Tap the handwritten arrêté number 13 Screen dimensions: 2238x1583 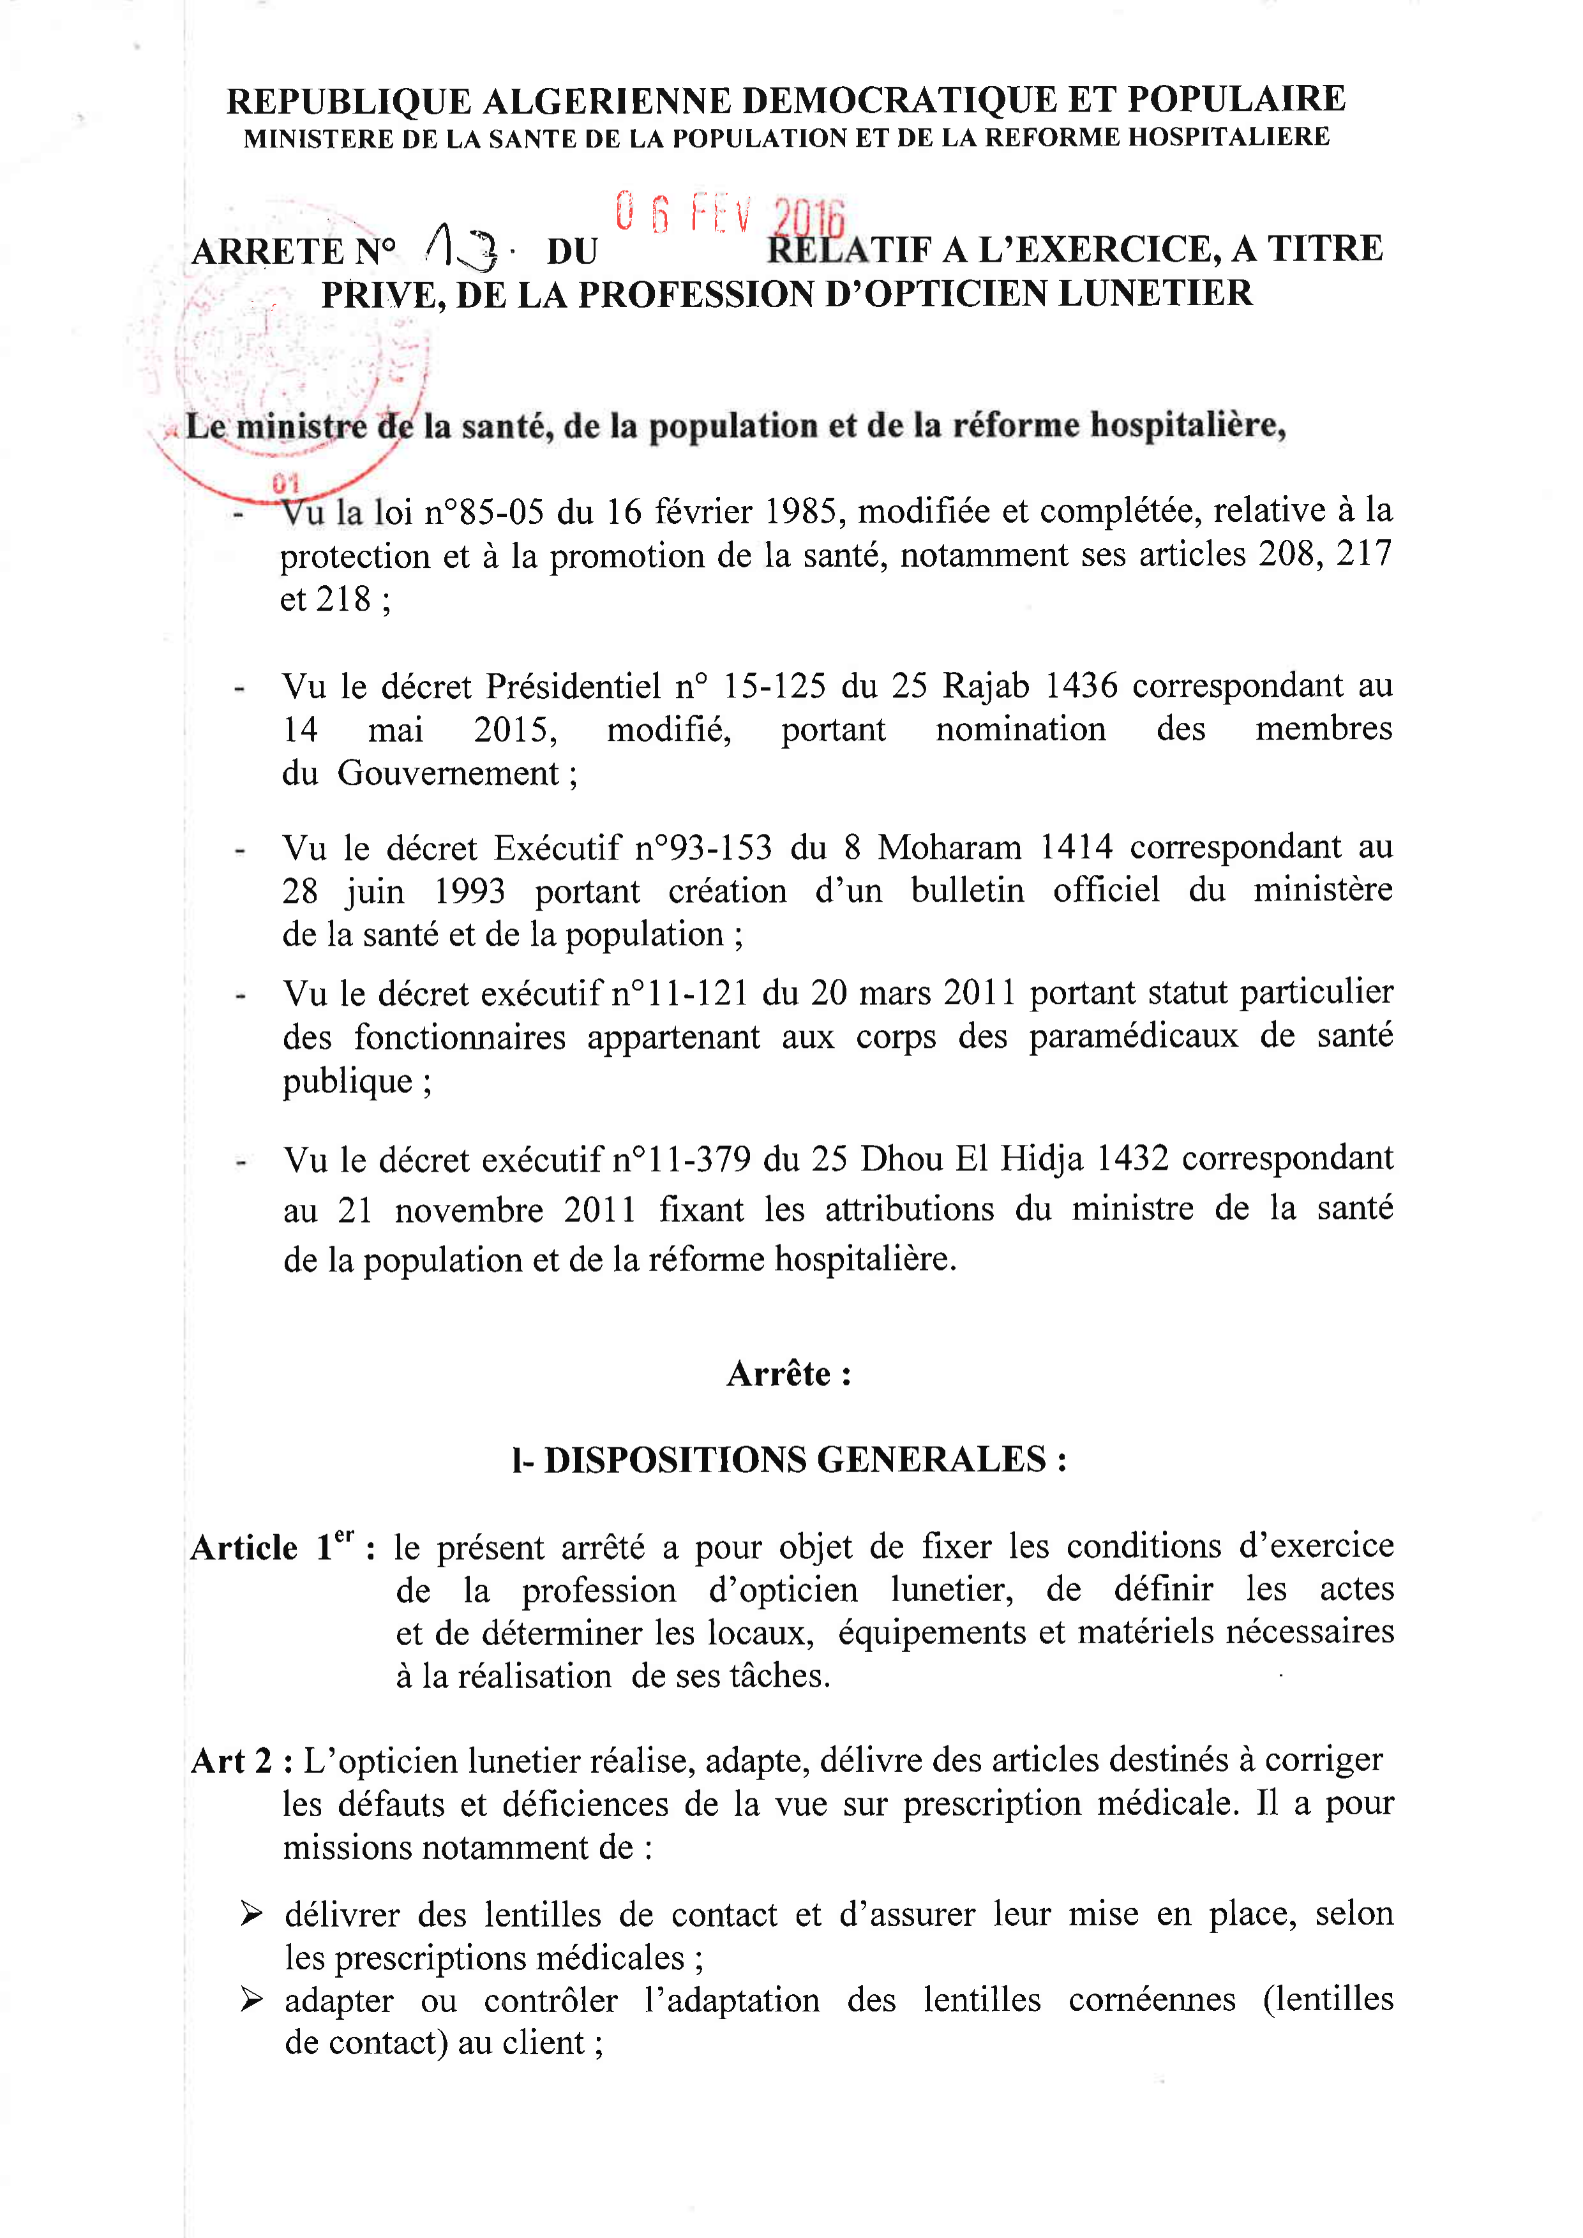click(463, 248)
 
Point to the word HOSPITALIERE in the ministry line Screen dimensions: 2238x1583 click(1228, 137)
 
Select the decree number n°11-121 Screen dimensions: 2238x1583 click(679, 993)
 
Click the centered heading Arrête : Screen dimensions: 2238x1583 click(788, 1375)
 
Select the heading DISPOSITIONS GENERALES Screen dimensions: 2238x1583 click(795, 1460)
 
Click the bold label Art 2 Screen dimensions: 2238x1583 click(231, 1761)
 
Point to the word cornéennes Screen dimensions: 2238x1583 click(1152, 2000)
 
